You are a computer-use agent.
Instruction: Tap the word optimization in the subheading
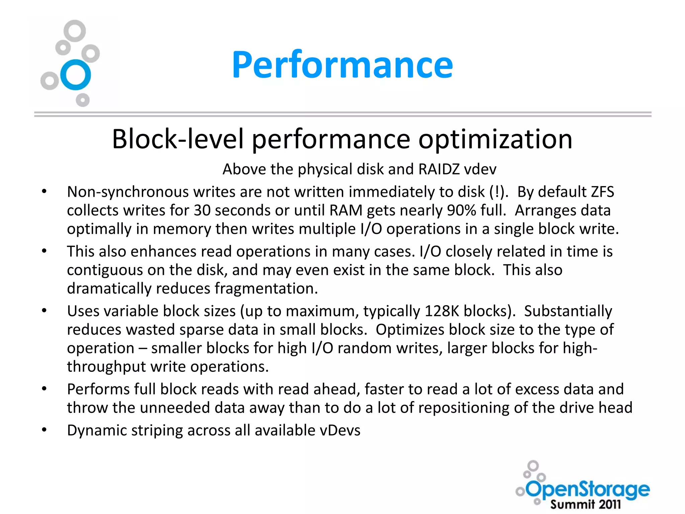coord(495,139)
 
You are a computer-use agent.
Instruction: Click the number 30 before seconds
coord(202,210)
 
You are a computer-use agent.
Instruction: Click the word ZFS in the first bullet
coord(602,192)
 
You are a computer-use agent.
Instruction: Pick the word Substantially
coord(568,311)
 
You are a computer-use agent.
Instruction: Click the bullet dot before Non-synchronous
coord(44,191)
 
